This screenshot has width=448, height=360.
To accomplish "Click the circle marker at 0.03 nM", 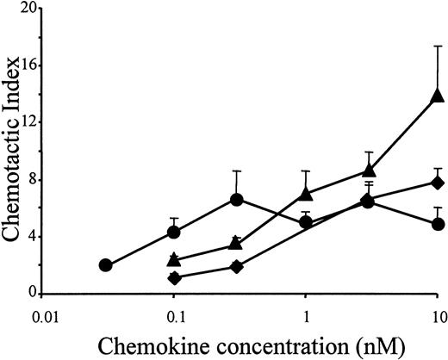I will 106,265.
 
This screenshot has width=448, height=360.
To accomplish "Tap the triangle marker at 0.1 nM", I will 174,259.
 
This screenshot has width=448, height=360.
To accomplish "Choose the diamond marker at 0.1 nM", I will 174,277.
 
